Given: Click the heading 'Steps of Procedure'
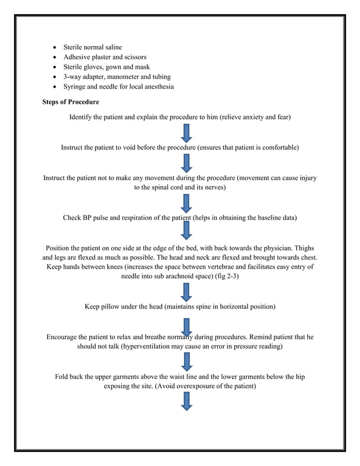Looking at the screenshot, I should (x=71, y=102).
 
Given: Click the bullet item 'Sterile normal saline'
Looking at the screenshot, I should (x=92, y=47).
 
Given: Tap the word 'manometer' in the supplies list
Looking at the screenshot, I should (x=120, y=77).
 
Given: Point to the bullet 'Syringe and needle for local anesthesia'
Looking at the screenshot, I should (x=118, y=86).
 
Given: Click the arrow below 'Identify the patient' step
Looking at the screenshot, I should (x=187, y=133).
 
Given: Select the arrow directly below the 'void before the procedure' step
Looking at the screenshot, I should (x=187, y=163).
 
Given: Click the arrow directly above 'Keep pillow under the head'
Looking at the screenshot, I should (x=187, y=292).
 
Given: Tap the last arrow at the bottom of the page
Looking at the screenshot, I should (x=187, y=402).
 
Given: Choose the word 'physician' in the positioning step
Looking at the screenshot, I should (x=286, y=248).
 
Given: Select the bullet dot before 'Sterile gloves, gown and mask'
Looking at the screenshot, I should (x=54, y=67).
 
